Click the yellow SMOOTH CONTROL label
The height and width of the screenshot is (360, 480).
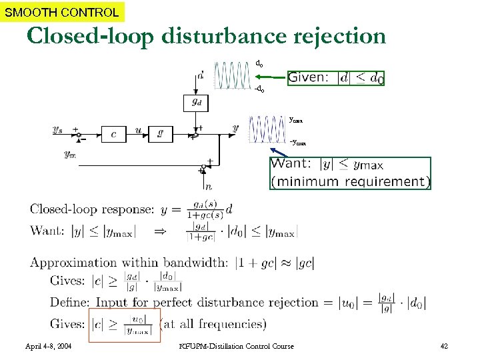[62, 11]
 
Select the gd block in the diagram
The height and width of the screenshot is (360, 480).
[197, 103]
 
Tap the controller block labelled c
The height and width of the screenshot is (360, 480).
[114, 134]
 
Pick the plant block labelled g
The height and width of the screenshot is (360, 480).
[161, 134]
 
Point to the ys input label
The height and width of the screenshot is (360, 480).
[59, 129]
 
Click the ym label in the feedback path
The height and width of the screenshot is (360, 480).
[70, 153]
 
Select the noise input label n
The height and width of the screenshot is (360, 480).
[209, 186]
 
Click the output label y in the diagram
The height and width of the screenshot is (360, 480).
[235, 127]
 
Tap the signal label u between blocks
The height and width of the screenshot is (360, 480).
[138, 129]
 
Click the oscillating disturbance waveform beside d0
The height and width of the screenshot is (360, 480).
[233, 75]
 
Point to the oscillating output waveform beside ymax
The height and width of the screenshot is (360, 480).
[266, 129]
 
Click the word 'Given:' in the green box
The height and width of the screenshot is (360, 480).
[308, 78]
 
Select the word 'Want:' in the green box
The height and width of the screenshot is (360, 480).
[292, 164]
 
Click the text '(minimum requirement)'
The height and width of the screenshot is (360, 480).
[350, 181]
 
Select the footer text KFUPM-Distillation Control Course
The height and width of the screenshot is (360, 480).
[237, 346]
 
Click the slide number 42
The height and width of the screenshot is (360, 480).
[445, 346]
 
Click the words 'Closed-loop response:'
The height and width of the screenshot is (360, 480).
[92, 209]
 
